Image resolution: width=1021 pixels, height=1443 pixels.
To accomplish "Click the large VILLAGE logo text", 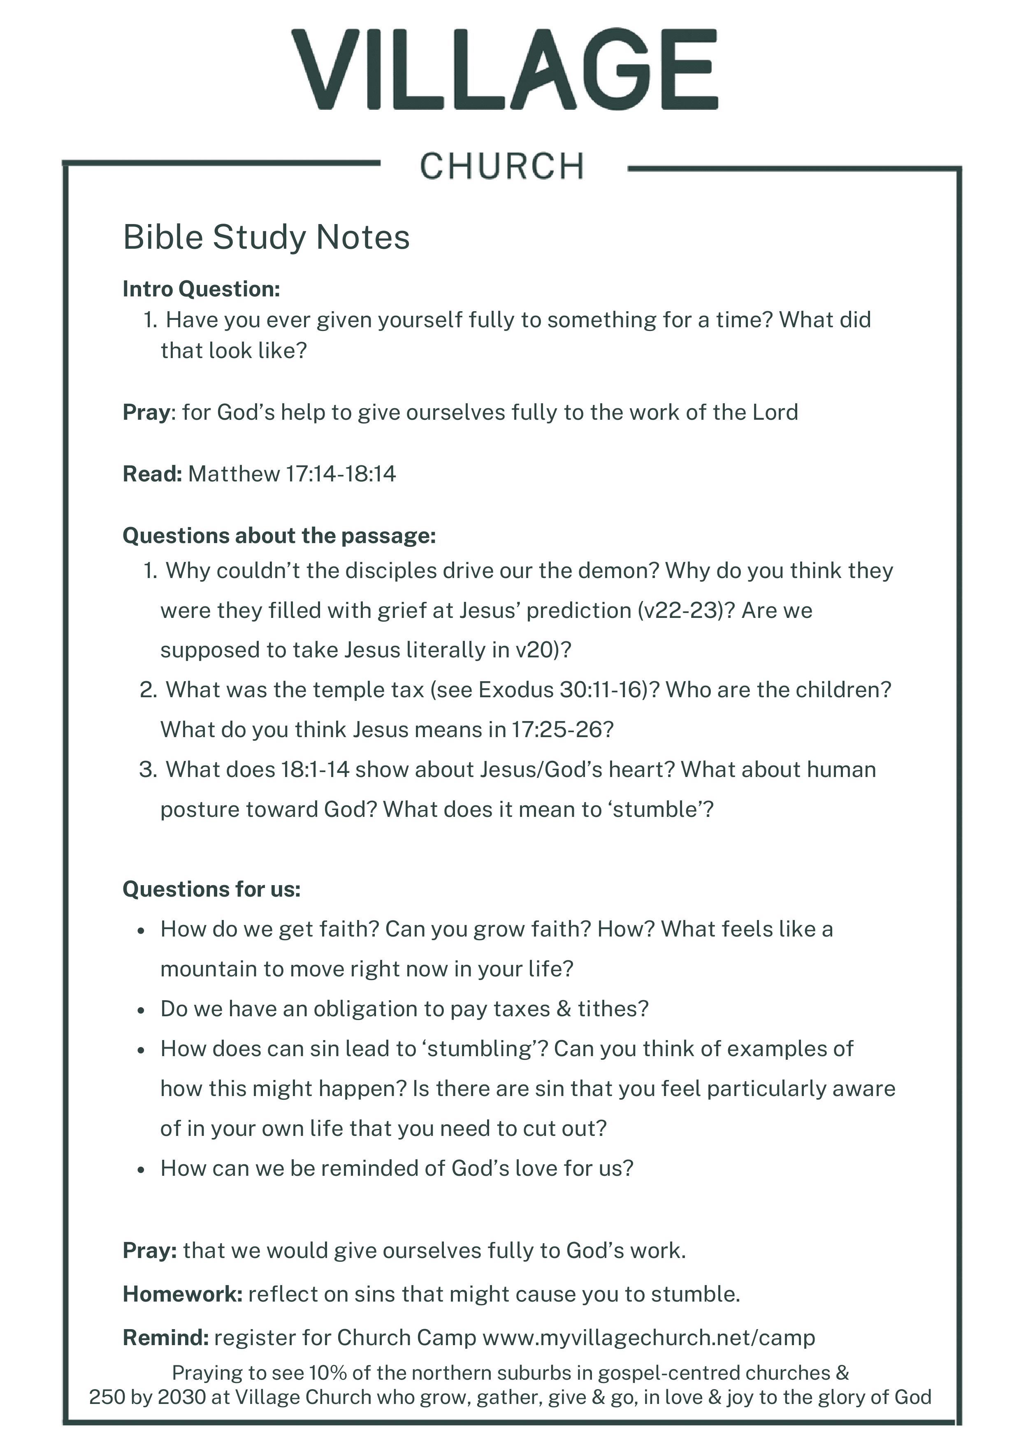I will click(504, 69).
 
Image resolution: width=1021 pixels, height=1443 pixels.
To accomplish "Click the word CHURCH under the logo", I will click(502, 166).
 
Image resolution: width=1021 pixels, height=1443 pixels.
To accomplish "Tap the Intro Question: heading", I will click(201, 289).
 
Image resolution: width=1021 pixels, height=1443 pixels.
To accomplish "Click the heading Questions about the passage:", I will click(279, 535).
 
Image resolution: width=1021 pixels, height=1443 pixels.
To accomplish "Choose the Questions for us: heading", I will click(212, 889).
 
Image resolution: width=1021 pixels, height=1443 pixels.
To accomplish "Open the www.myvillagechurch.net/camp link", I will click(648, 1337).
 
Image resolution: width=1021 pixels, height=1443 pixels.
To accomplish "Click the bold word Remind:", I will click(165, 1337).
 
